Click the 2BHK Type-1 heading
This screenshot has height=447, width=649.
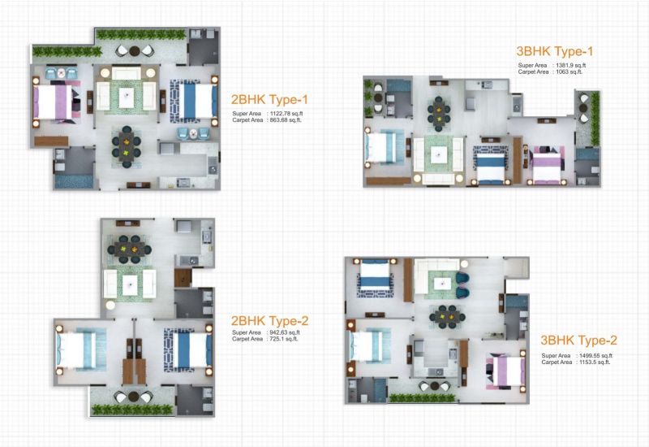(269, 99)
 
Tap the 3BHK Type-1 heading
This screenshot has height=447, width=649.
(555, 51)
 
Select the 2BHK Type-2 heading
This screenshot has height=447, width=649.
(269, 321)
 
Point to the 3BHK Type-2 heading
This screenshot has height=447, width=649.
(578, 341)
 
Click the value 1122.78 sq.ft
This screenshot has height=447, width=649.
(286, 114)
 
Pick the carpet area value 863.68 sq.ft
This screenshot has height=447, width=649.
(286, 120)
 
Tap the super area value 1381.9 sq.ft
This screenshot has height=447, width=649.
(571, 66)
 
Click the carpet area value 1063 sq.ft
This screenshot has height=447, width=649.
(569, 72)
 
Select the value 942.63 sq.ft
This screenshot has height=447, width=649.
(285, 332)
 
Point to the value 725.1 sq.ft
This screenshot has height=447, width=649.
(283, 339)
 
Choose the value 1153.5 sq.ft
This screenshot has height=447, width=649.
(595, 362)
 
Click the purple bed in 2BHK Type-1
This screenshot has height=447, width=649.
(53, 102)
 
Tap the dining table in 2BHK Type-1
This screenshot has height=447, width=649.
(127, 147)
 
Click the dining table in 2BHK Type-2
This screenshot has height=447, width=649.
(130, 250)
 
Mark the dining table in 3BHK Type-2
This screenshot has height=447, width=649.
(448, 317)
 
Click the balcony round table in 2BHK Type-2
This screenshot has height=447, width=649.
(133, 397)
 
